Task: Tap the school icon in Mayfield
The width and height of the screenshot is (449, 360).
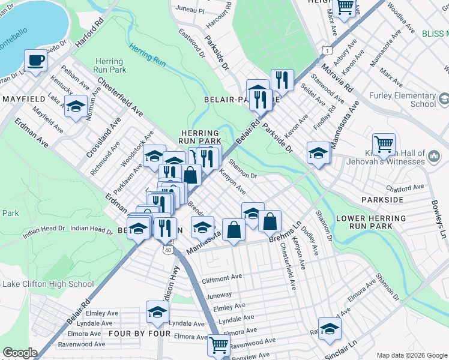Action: (x=76, y=107)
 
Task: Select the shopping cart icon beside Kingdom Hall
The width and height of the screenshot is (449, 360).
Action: (x=384, y=144)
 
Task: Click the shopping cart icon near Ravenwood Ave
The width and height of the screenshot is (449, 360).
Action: (x=218, y=344)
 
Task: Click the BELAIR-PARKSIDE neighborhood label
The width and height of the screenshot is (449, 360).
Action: (x=241, y=98)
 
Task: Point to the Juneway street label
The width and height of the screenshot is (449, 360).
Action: (x=218, y=295)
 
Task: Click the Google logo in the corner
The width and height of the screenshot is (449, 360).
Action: (x=19, y=353)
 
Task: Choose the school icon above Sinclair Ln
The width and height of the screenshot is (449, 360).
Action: (x=330, y=328)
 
